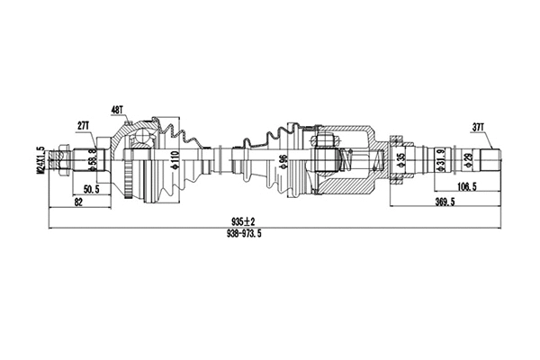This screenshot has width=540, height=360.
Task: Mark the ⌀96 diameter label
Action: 283,163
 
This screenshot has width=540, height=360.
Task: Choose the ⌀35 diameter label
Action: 400,162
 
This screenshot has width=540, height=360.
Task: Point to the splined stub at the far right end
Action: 491,162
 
